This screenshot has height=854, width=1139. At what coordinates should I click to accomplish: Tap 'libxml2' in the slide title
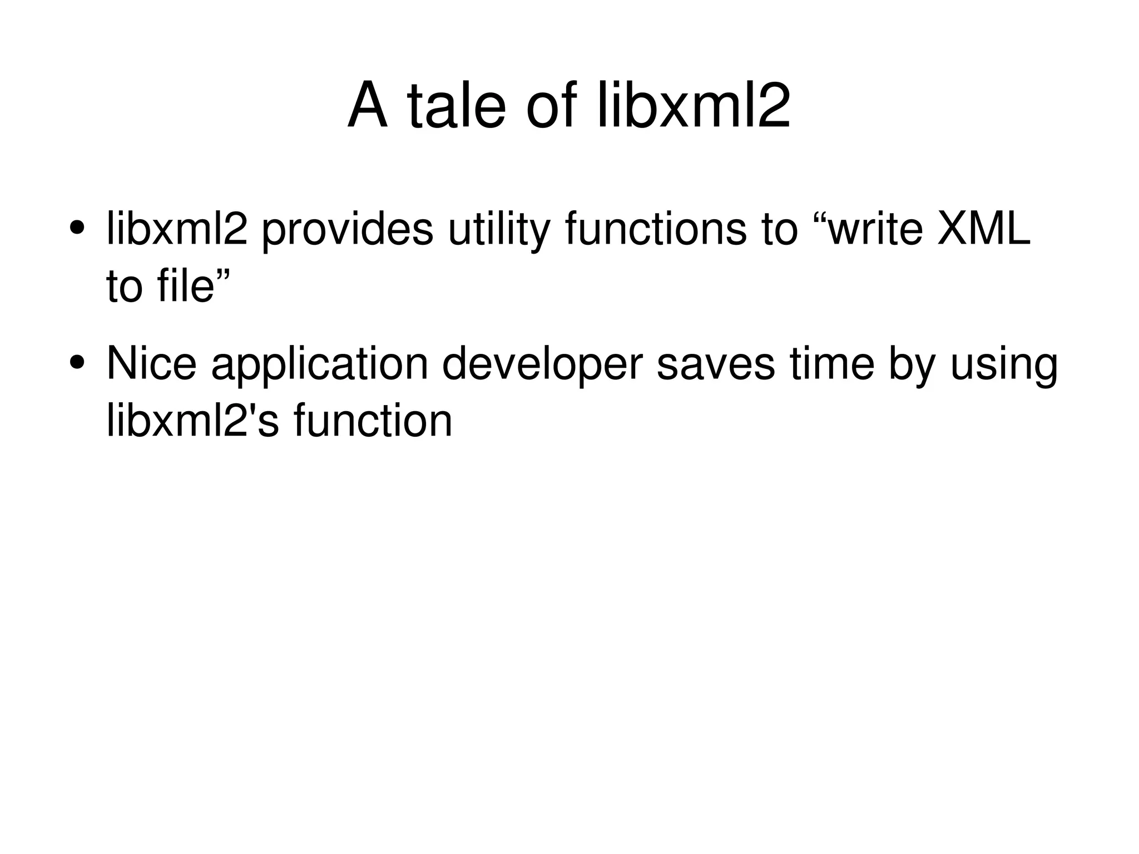(694, 105)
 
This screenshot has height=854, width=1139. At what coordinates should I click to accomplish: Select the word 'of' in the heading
(551, 105)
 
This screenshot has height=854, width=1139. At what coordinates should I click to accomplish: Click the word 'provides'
(347, 229)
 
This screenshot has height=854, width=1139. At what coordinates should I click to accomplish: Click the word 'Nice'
(151, 363)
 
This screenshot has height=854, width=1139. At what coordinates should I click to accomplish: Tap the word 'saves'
(715, 364)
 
